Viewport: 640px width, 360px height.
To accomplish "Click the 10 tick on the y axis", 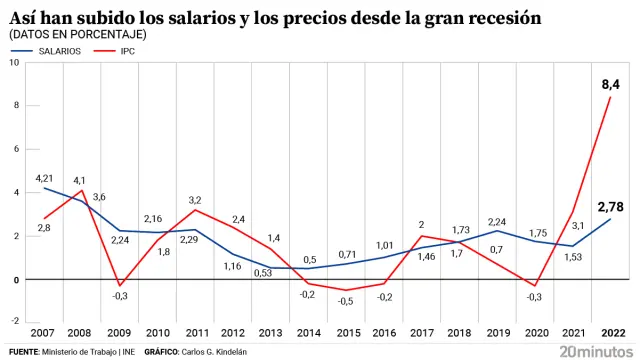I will pos(14,63).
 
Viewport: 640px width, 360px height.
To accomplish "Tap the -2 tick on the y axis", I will pos(14,323).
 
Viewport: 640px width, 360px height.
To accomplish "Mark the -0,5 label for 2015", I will pos(344,301).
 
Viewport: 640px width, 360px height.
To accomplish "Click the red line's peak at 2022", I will pos(609,97).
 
